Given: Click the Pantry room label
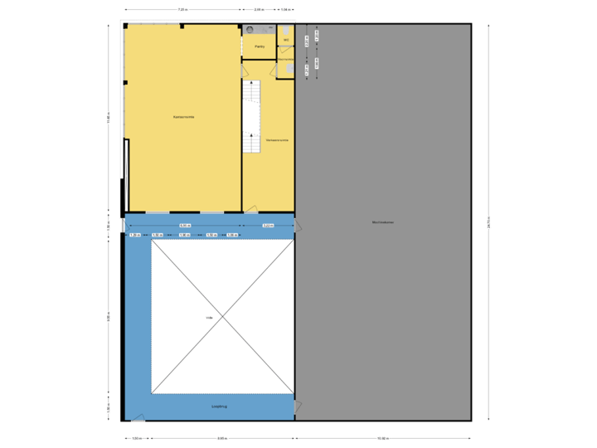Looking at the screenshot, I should (260, 47).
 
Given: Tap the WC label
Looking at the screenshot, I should (285, 39).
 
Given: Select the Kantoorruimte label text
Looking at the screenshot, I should (183, 118).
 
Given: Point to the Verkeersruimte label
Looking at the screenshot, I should (277, 141).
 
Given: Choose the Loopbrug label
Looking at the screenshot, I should (220, 407).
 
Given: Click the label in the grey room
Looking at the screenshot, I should (382, 222).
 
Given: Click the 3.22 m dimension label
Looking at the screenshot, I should (268, 226).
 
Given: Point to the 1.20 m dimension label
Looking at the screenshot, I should (134, 236).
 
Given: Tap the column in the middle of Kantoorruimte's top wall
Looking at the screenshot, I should (182, 27).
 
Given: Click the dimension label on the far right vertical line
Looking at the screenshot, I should (488, 222).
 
